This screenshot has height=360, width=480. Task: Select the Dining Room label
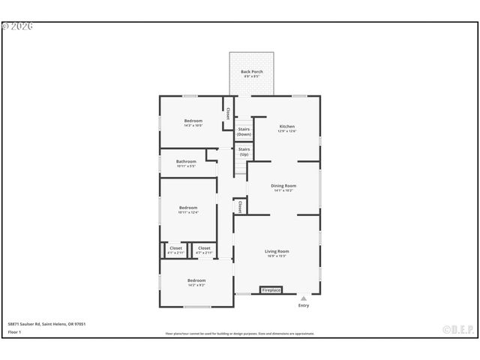[x=283, y=187]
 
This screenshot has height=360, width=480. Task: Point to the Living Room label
[x=277, y=253]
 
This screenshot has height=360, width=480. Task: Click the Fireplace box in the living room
[x=271, y=289]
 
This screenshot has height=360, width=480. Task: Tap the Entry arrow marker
[x=304, y=298]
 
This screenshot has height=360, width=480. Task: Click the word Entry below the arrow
[x=304, y=305]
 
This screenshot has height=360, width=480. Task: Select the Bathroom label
[x=186, y=163]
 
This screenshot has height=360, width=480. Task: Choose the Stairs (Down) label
[x=244, y=131]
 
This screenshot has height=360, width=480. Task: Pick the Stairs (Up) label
[x=244, y=151]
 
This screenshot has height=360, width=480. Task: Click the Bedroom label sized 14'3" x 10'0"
[x=193, y=122]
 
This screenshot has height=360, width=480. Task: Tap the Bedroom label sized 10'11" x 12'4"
[x=187, y=209]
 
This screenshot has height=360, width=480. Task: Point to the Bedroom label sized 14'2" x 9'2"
[x=196, y=282]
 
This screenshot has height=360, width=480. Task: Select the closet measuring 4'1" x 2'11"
[x=175, y=250]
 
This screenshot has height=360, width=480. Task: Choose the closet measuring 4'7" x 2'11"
[x=204, y=250]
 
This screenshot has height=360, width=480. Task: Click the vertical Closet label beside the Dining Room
[x=240, y=205]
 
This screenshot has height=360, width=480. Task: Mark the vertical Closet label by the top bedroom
[x=227, y=114]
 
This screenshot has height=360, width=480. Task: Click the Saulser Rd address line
[x=46, y=324]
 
